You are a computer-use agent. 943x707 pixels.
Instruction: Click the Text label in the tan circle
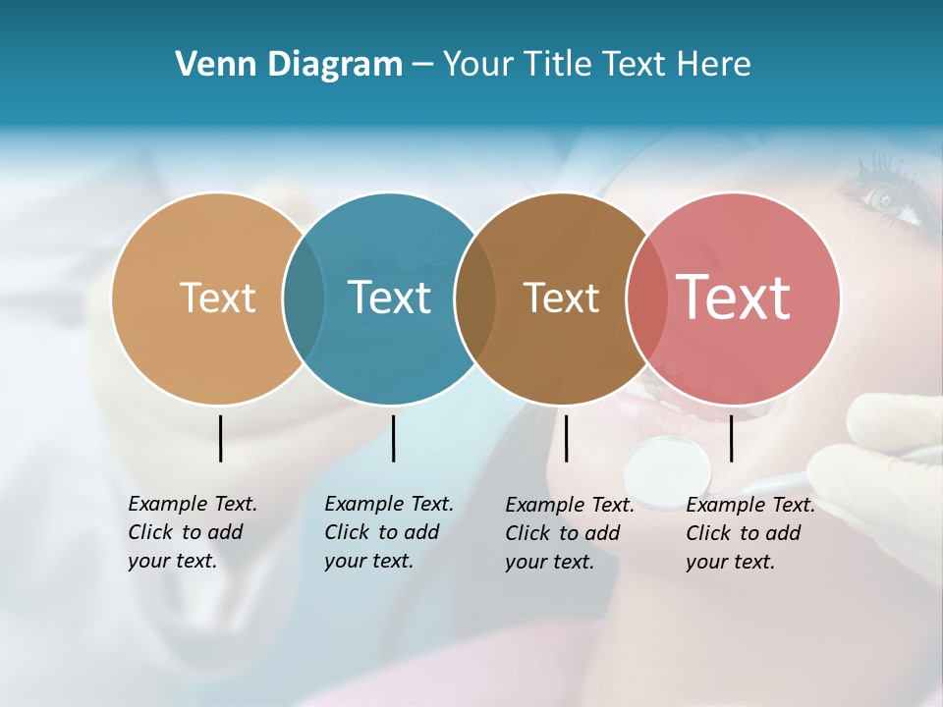point(217,298)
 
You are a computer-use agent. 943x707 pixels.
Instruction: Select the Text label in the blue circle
point(389,298)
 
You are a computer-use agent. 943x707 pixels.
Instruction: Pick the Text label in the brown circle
point(561,298)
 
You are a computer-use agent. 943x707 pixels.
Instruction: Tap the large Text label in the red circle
point(733,297)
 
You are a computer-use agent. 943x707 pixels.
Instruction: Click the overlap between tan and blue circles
point(304,298)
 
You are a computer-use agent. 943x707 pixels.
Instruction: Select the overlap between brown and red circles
point(644,298)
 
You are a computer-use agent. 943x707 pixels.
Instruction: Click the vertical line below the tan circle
point(221,438)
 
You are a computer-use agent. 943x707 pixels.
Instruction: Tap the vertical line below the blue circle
point(393,438)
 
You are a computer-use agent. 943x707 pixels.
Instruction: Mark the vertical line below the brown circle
point(566,438)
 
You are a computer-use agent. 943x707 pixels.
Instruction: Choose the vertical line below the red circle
point(731,438)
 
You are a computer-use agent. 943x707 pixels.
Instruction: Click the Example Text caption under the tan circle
point(193,532)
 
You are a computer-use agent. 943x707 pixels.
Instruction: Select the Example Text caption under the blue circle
point(389,532)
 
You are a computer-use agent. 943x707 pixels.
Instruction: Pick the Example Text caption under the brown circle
point(570,533)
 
